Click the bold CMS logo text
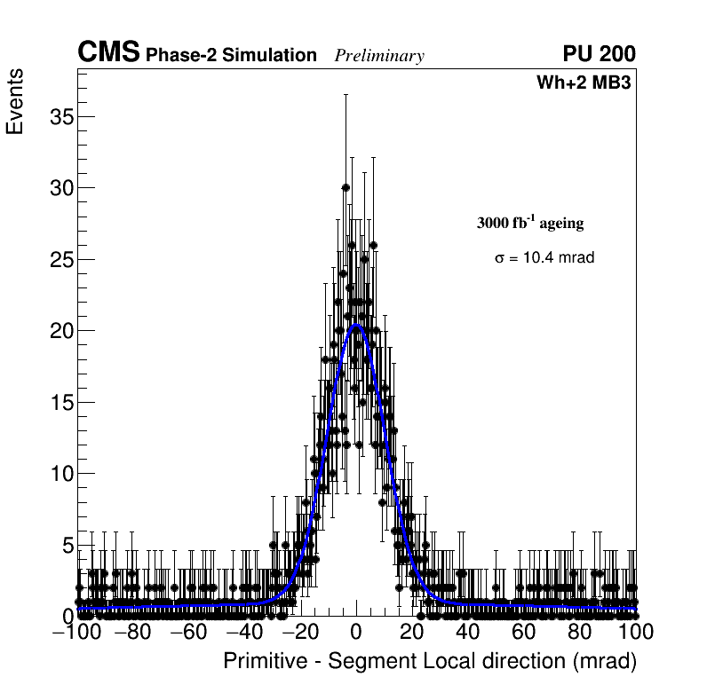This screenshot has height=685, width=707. click(x=108, y=53)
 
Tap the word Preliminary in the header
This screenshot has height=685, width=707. click(x=379, y=56)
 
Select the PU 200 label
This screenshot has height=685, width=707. click(x=599, y=54)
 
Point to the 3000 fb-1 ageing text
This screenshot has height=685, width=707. click(x=530, y=223)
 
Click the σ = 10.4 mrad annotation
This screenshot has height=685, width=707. click(x=544, y=258)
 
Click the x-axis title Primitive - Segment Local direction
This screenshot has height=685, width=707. click(x=430, y=661)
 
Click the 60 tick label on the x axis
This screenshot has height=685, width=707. click(x=523, y=632)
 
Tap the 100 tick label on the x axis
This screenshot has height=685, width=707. click(x=635, y=632)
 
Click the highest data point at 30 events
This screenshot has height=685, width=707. click(x=346, y=187)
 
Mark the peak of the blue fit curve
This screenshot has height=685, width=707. click(x=356, y=325)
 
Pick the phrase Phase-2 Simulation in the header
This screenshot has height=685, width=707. click(x=231, y=56)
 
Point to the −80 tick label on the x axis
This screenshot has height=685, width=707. click(x=133, y=632)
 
